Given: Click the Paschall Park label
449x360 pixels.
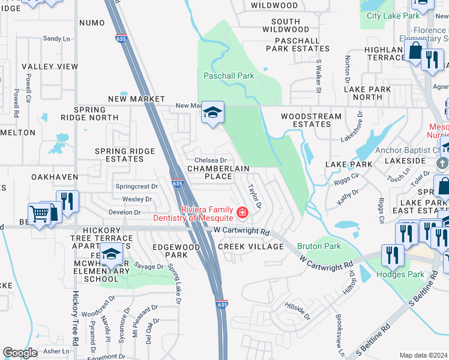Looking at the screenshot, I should (228, 76).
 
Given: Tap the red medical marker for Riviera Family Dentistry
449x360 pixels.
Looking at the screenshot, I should (242, 212).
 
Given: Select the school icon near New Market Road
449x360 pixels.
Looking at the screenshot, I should (212, 112).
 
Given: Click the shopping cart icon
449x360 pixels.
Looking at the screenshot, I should (39, 214).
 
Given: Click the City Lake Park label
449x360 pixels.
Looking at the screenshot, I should (393, 16).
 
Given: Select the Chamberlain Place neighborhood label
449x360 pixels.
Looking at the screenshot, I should (209, 172).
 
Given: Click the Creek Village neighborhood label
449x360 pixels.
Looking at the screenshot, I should (250, 247).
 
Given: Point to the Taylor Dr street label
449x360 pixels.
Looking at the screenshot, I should (255, 196).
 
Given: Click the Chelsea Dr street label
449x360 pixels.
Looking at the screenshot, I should (211, 160).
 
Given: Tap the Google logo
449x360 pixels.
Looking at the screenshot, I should (20, 353).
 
